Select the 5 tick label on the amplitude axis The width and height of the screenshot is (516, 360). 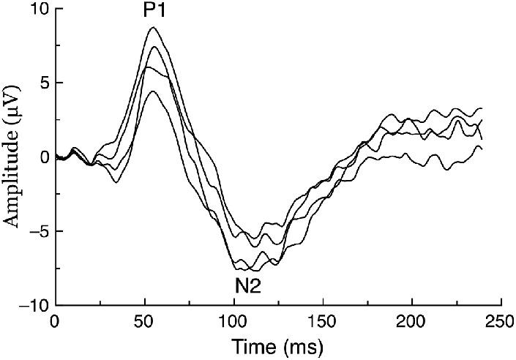pyautogui.click(x=42, y=83)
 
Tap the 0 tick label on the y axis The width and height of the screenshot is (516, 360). pyautogui.click(x=42, y=157)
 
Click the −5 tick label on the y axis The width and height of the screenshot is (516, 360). pyautogui.click(x=37, y=231)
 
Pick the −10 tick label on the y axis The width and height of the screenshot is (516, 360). pyautogui.click(x=32, y=305)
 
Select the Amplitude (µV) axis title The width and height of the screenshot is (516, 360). pyautogui.click(x=12, y=157)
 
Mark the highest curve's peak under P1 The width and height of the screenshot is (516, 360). pyautogui.click(x=153, y=28)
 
